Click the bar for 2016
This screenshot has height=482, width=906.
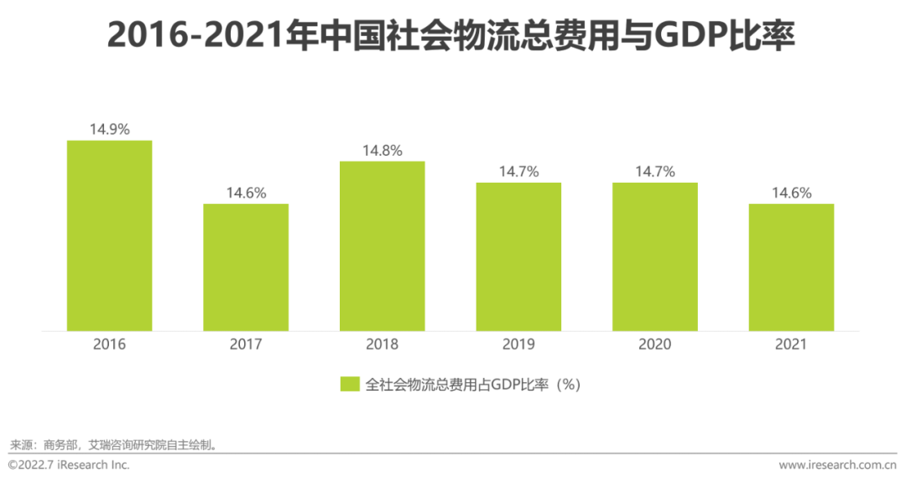[x=109, y=236]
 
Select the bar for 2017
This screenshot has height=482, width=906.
[x=246, y=267]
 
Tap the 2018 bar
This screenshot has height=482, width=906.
[x=382, y=246]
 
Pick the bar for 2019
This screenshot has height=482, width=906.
[x=518, y=257]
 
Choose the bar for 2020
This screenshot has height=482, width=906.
[x=654, y=257]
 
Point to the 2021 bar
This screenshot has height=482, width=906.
[x=791, y=267]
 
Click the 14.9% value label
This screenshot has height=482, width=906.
[x=109, y=129]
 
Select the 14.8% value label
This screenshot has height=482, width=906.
[x=382, y=151]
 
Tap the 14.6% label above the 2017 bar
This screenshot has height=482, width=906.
[x=246, y=193]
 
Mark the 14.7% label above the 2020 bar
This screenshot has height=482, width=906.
[x=654, y=172]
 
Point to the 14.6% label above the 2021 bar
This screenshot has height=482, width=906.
[x=791, y=193]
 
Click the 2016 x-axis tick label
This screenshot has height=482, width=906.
[x=109, y=345]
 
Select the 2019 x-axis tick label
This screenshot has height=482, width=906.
[x=518, y=345]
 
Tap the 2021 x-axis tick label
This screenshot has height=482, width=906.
[x=791, y=345]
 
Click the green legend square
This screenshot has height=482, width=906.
[x=350, y=385]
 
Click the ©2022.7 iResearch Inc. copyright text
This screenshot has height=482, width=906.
[x=69, y=464]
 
